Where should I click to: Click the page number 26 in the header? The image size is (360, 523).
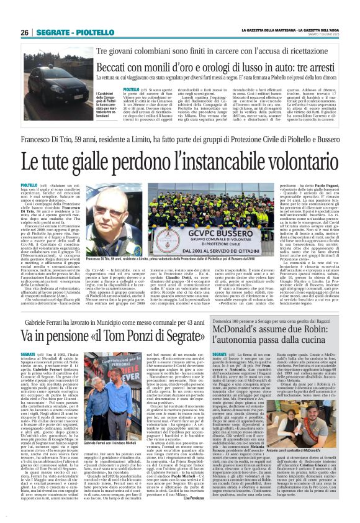(x=25, y=32)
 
